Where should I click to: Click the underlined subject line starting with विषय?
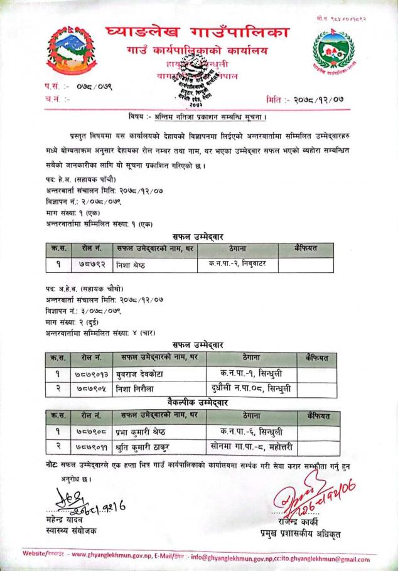point(198,117)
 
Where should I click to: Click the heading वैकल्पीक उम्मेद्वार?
point(198,402)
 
